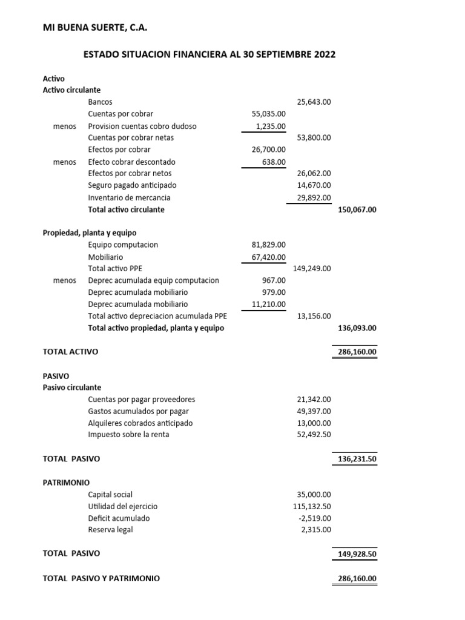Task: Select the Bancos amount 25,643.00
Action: pyautogui.click(x=314, y=102)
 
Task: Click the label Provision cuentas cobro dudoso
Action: pyautogui.click(x=142, y=126)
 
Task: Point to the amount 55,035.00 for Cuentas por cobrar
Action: pyautogui.click(x=268, y=114)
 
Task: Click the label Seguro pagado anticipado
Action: pyautogui.click(x=132, y=185)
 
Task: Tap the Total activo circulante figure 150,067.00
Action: pyautogui.click(x=357, y=209)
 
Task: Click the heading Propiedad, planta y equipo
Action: pyautogui.click(x=90, y=233)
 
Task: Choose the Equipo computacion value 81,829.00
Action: pyautogui.click(x=268, y=245)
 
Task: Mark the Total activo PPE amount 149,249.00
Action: pyautogui.click(x=312, y=268)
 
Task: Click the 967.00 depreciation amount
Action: pyautogui.click(x=273, y=280)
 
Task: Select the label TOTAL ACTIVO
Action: pyautogui.click(x=70, y=352)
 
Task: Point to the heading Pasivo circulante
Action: pyautogui.click(x=72, y=387)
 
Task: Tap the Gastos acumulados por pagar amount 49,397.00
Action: pyautogui.click(x=314, y=411)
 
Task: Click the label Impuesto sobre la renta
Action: pyautogui.click(x=128, y=435)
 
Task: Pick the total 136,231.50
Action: pyautogui.click(x=357, y=459)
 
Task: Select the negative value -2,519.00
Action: pyautogui.click(x=315, y=518)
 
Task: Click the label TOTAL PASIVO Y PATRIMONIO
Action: pyautogui.click(x=101, y=578)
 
